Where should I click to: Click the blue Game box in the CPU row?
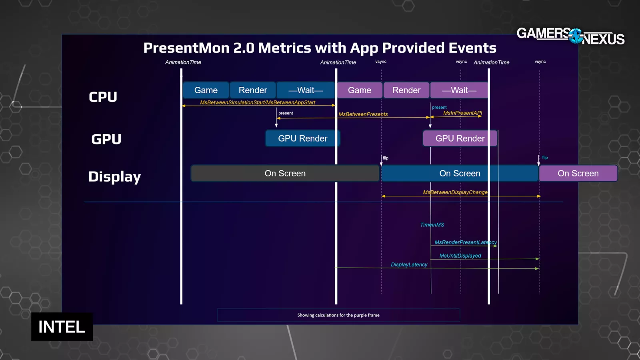206,90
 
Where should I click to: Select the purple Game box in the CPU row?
360,90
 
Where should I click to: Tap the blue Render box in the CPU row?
253,90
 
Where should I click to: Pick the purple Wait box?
459,90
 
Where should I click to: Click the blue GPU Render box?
302,138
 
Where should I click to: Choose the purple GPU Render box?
460,138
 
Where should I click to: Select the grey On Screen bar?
285,174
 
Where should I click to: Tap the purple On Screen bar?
578,174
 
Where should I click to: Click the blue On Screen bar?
460,174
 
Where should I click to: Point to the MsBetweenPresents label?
363,114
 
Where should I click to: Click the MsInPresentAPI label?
463,113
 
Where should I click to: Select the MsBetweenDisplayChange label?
455,192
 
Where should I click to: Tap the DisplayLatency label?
409,265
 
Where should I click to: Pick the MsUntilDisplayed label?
460,256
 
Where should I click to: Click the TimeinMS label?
432,225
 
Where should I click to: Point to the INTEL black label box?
62,327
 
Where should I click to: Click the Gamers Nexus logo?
570,36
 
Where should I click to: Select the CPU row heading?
103,97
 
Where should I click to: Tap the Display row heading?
114,177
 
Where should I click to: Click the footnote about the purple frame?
338,315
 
